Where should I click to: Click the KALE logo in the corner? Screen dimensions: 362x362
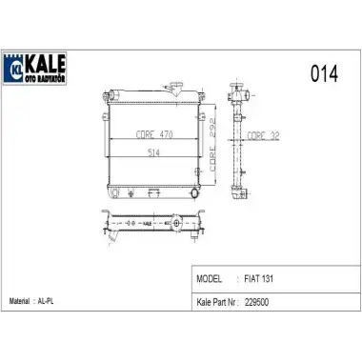click(34, 69)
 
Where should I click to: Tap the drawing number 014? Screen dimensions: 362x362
click(324, 73)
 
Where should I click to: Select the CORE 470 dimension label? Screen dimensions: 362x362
click(154, 134)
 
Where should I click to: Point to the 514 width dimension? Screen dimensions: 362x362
click(153, 152)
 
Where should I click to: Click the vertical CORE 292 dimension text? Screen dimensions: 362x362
click(212, 145)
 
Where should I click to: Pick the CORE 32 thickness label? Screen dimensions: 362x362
click(263, 136)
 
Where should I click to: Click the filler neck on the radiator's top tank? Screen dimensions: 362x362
click(175, 89)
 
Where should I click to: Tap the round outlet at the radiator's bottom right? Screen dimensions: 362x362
click(194, 193)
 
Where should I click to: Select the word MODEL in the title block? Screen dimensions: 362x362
click(209, 279)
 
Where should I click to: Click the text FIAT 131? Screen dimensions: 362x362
click(259, 279)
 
